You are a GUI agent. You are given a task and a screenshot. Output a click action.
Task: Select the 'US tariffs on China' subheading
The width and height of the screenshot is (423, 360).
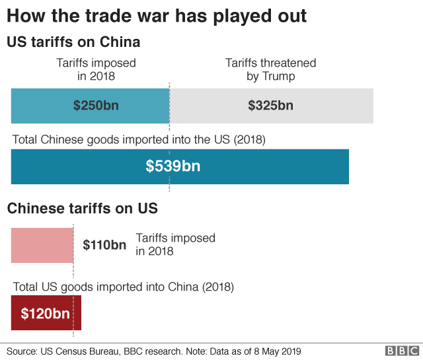73,43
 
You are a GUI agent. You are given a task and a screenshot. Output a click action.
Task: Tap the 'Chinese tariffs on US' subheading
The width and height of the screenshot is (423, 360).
83,209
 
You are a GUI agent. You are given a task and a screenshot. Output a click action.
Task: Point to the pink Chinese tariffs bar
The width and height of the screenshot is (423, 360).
42,245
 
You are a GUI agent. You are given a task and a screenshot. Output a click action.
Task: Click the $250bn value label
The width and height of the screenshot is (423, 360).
96,105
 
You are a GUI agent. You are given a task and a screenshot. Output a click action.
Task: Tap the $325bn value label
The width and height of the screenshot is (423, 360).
270,105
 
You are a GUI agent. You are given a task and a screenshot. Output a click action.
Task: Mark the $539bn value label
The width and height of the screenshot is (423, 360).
173,166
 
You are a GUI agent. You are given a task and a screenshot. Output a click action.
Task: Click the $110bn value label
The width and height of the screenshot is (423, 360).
104,245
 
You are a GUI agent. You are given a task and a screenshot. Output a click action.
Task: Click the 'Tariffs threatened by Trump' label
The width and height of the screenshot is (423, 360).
270,69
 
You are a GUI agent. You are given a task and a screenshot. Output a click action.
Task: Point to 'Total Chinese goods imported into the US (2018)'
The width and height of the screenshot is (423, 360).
139,140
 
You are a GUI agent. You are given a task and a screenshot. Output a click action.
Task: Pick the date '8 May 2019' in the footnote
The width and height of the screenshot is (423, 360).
276,351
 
